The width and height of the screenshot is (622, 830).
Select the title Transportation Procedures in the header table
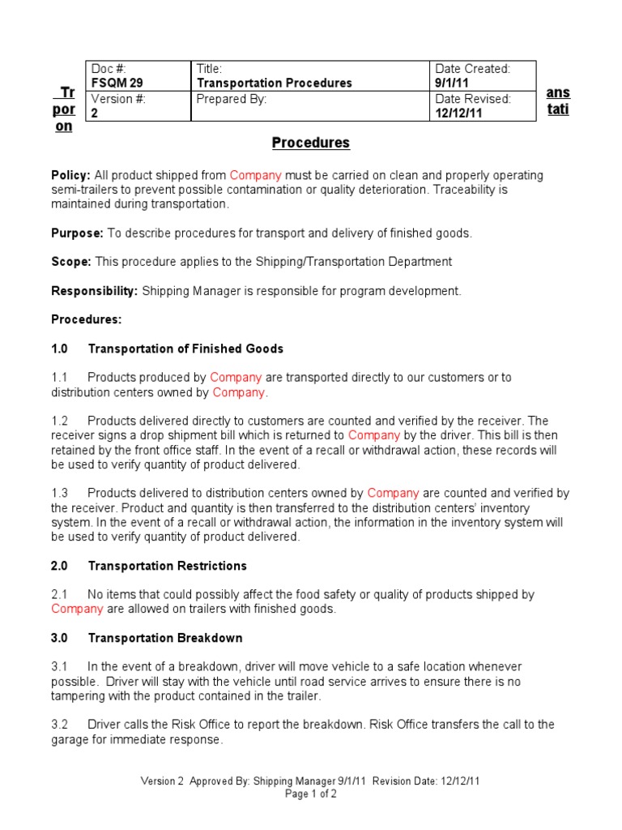pyautogui.click(x=275, y=83)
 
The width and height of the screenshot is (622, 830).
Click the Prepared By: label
pyautogui.click(x=232, y=99)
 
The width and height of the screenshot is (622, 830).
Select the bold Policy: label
pyautogui.click(x=71, y=175)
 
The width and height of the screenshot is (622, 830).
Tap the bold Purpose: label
pyautogui.click(x=78, y=233)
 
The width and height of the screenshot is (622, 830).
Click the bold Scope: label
pyautogui.click(x=71, y=262)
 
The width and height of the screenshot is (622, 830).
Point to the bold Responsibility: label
pyautogui.click(x=95, y=291)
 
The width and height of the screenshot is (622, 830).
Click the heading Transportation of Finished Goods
pyautogui.click(x=185, y=349)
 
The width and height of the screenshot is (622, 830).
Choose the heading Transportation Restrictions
pyautogui.click(x=168, y=566)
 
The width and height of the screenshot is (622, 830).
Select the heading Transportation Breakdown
pyautogui.click(x=165, y=638)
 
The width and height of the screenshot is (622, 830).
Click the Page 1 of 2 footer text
pyautogui.click(x=311, y=794)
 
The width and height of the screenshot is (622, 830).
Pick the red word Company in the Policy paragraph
pyautogui.click(x=255, y=175)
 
